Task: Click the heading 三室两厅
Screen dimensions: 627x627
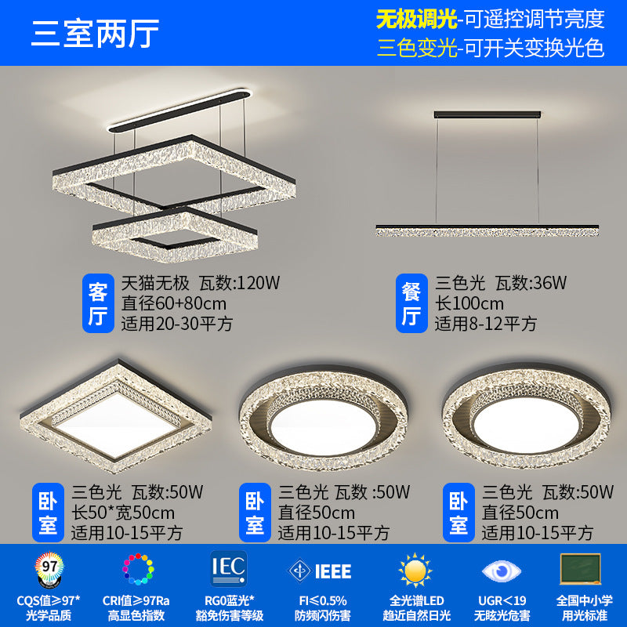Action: point(95,33)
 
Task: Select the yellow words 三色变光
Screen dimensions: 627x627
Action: point(416,48)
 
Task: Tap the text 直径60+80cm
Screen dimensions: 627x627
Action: point(174,303)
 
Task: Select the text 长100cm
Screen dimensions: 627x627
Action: point(470,303)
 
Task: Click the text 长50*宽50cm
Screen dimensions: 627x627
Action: point(123,513)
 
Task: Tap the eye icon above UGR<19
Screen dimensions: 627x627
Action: point(502,570)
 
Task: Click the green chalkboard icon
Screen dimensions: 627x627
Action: point(581,568)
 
